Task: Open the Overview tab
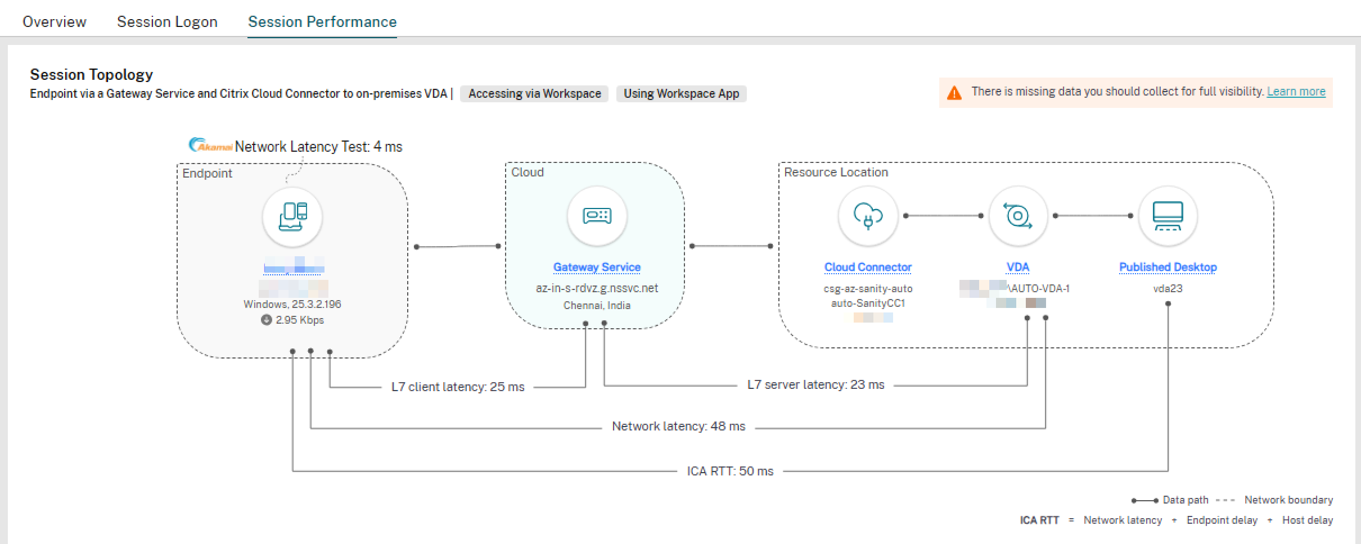(x=54, y=22)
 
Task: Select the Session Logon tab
(x=167, y=22)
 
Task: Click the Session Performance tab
(x=322, y=22)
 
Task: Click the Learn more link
(x=1296, y=92)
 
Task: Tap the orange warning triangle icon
(x=954, y=93)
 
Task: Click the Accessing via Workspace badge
(x=534, y=94)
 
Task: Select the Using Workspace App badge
(x=681, y=94)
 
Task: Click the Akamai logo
(x=210, y=146)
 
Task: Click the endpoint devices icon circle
(x=292, y=217)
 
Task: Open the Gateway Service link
(x=597, y=268)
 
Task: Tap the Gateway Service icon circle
(x=597, y=216)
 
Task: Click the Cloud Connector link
(x=868, y=268)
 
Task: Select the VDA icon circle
(x=1017, y=216)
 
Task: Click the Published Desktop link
(x=1168, y=268)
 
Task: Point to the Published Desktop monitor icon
(x=1168, y=216)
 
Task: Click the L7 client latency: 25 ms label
(x=458, y=387)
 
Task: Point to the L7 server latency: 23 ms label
(x=815, y=385)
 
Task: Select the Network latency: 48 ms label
(x=678, y=427)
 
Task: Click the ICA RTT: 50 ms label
(x=730, y=472)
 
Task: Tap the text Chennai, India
(x=597, y=306)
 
